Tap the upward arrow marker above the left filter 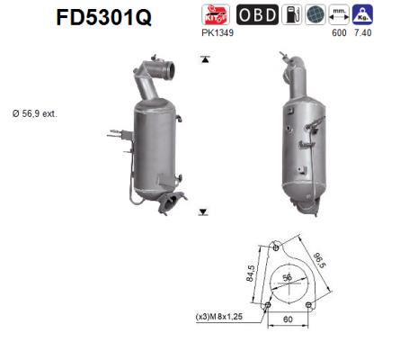coord(204,59)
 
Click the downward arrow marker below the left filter coord(204,211)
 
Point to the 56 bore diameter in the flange coord(288,278)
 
